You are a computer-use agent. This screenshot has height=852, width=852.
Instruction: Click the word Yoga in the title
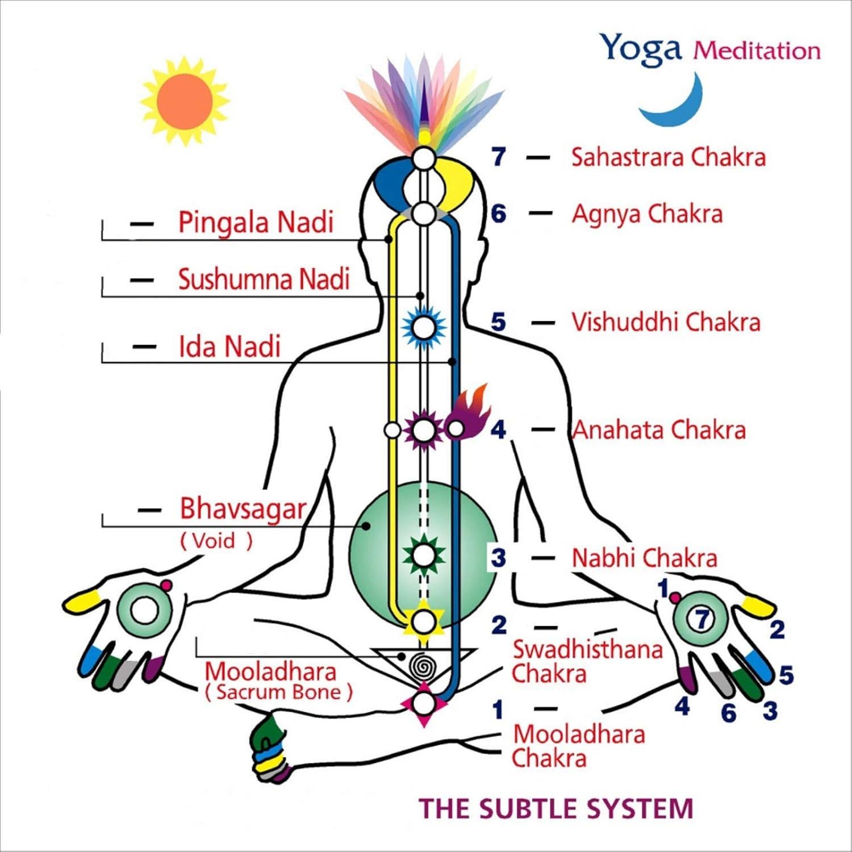[641, 48]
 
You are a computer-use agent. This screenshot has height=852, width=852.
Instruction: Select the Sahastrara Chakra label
[668, 157]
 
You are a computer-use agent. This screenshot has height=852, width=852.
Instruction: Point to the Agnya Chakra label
[647, 214]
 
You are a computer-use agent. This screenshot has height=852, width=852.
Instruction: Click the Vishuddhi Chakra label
[665, 322]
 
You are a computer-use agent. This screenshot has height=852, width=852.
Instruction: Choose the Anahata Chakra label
[658, 430]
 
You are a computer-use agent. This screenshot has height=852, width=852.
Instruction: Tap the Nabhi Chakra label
[644, 558]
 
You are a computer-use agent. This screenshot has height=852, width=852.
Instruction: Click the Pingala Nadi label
[256, 222]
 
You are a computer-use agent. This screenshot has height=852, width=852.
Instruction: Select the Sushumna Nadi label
[264, 279]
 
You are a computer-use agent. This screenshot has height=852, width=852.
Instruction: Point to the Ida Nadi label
[229, 346]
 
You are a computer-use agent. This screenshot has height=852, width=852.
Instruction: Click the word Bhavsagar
[243, 509]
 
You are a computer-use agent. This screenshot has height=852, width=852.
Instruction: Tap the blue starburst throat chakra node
[423, 327]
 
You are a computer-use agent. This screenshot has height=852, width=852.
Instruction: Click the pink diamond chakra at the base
[424, 704]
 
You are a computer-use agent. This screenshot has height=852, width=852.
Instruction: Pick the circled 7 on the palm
[703, 619]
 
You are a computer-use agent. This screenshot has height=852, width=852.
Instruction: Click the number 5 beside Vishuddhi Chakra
[498, 322]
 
